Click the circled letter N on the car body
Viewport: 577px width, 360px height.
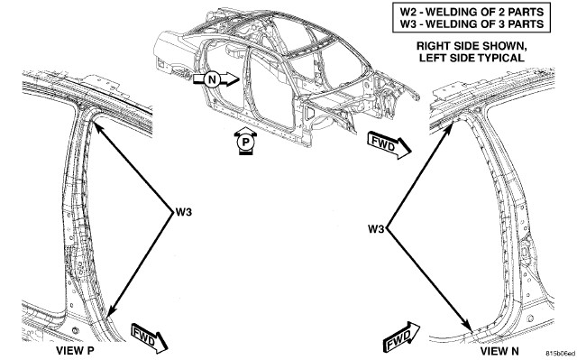coord(212,79)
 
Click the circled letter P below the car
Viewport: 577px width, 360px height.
coord(245,142)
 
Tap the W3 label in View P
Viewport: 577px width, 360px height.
coord(184,212)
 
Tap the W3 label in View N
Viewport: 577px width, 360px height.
coord(376,229)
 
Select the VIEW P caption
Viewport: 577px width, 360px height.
coord(75,351)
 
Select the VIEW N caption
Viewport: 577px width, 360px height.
coord(499,351)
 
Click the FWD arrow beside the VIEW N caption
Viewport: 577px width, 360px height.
coord(401,337)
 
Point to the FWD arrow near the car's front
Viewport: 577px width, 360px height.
coord(389,144)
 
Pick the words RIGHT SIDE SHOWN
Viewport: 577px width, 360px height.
coord(472,46)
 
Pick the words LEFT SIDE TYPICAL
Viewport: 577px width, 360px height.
coord(472,58)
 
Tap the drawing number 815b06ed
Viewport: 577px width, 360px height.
coord(561,353)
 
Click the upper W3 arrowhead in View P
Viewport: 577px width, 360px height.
coord(95,125)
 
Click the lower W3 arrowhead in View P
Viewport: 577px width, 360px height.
coord(109,313)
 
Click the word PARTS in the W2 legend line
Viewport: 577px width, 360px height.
coord(526,12)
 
